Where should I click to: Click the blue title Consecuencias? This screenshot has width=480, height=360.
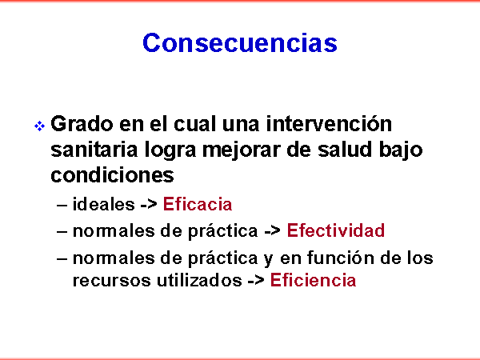[x=240, y=42]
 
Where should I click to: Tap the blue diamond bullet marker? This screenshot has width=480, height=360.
[x=39, y=126]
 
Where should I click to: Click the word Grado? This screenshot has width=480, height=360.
[x=82, y=124]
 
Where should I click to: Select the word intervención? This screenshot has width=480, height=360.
[x=329, y=123]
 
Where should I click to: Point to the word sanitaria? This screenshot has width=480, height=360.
[x=94, y=150]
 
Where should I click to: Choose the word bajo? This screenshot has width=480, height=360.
[x=401, y=151]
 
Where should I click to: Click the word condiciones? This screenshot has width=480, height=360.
[x=112, y=174]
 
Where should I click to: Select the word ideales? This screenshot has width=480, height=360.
[x=103, y=204]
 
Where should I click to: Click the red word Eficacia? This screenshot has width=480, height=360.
[x=198, y=204]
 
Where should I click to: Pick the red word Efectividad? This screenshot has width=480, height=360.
[x=336, y=230]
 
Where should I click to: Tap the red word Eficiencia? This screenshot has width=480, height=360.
[x=313, y=280]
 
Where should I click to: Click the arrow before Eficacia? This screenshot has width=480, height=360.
[x=149, y=205]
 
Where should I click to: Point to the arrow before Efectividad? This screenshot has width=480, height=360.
[x=273, y=231]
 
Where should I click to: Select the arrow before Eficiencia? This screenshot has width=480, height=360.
[x=256, y=281]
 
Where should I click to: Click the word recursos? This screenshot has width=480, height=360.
[x=112, y=281]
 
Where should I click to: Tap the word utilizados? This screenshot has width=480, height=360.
[x=199, y=280]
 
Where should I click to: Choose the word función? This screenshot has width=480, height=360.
[x=341, y=258]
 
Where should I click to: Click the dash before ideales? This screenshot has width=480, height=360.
[x=62, y=205]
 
